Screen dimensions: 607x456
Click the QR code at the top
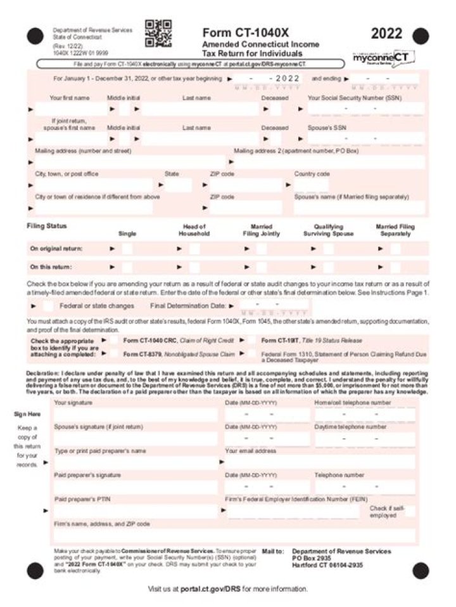pos(158,34)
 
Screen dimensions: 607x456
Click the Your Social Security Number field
pos(361,110)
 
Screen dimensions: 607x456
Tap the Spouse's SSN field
pos(361,138)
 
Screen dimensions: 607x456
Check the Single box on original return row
pos(127,249)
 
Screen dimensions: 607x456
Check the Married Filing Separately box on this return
pos(395,267)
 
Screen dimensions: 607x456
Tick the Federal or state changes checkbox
pos(48,306)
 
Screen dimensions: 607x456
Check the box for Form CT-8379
pos(114,354)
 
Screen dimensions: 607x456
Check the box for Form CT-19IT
pos(251,341)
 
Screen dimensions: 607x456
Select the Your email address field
pos(320,462)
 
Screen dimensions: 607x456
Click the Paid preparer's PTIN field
pos(136,511)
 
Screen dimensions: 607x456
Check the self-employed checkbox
pos(410,511)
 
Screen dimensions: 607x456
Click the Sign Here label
pos(27,414)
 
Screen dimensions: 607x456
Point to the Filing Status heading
pos(47,226)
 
